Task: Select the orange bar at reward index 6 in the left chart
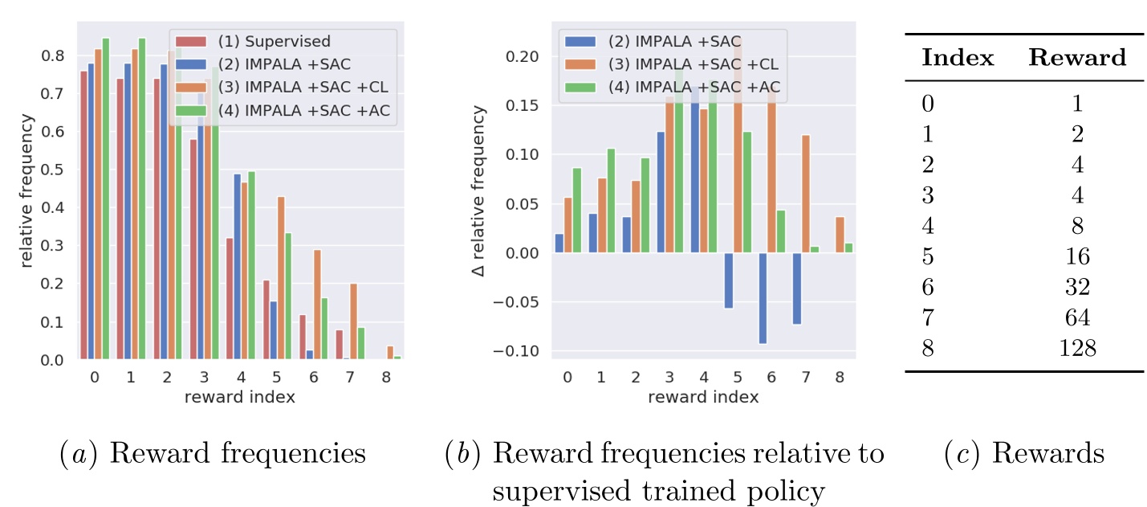(319, 305)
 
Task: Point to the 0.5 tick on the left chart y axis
(55, 170)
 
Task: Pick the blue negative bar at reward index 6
(762, 298)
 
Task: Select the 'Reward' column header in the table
(1077, 58)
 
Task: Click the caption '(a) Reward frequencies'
(214, 453)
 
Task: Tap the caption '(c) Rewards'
(1025, 453)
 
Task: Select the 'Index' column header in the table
(958, 58)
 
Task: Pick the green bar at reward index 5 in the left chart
(287, 296)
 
